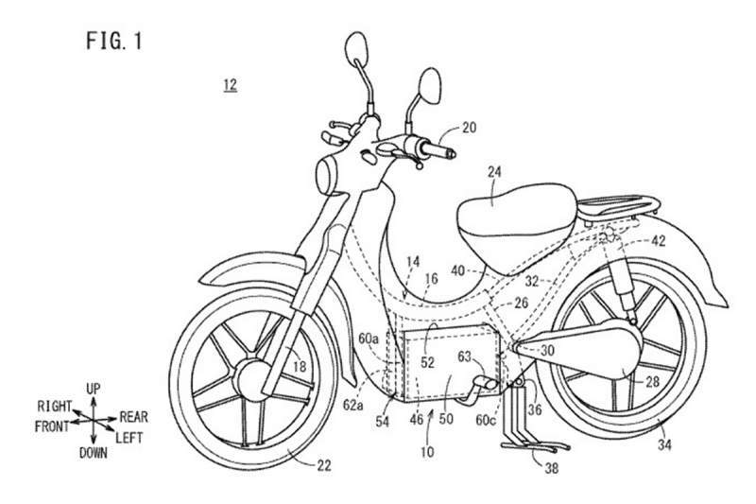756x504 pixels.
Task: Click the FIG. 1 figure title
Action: click(x=114, y=41)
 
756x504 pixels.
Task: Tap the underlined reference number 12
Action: click(x=230, y=85)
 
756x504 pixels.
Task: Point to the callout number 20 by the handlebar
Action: click(x=469, y=128)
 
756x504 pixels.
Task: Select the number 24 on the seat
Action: click(x=494, y=172)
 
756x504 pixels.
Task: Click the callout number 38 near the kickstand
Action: click(x=551, y=467)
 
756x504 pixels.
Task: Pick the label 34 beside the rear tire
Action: click(x=664, y=444)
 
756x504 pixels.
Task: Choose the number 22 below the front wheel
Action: click(x=324, y=465)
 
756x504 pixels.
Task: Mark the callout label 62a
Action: click(x=352, y=406)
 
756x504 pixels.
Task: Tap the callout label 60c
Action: click(x=485, y=421)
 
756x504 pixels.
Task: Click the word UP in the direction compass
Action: click(x=93, y=389)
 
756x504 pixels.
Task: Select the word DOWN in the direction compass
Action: click(x=93, y=453)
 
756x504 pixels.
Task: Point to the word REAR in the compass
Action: click(x=133, y=417)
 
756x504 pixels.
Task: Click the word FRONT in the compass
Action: click(x=52, y=426)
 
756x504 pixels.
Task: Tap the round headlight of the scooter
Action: click(x=327, y=175)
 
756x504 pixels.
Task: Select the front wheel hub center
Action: click(x=250, y=380)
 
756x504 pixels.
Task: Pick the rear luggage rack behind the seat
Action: click(x=619, y=208)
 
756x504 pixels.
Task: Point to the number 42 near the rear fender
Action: click(x=658, y=241)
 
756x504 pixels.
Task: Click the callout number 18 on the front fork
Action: click(x=300, y=367)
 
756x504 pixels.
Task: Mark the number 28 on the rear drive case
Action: click(x=652, y=382)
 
